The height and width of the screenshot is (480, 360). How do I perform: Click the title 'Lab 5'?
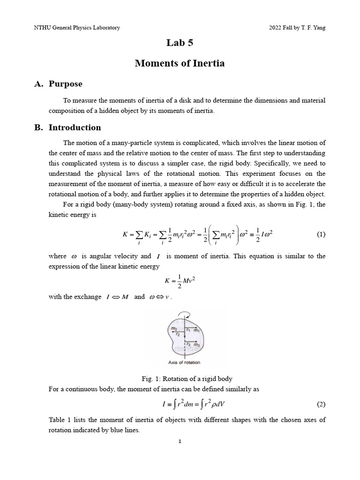click(180, 43)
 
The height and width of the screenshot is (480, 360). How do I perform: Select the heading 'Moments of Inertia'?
click(180, 63)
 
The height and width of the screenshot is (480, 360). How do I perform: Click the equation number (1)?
click(321, 235)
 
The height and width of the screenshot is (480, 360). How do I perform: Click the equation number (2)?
click(321, 404)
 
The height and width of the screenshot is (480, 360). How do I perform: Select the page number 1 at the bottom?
click(180, 441)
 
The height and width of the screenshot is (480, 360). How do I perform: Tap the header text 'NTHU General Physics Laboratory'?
click(77, 28)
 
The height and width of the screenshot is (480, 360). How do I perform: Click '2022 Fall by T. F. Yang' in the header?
click(297, 28)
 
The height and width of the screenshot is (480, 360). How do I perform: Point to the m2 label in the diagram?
click(174, 329)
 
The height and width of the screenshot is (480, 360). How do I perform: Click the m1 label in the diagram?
click(197, 330)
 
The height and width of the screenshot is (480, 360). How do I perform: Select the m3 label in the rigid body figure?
click(197, 345)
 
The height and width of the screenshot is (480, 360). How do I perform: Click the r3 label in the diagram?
click(188, 345)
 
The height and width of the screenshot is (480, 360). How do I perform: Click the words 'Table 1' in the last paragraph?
click(59, 420)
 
